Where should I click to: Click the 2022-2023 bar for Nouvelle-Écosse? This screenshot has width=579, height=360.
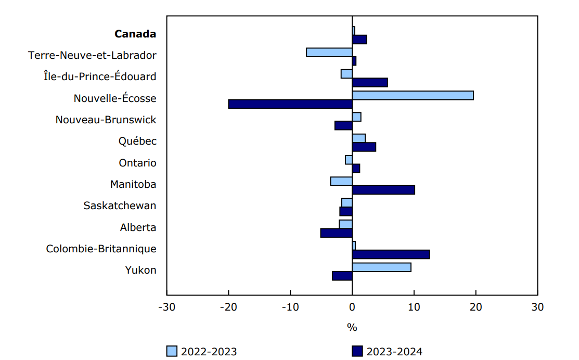413,95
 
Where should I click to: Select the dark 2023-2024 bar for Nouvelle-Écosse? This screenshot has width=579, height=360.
290,104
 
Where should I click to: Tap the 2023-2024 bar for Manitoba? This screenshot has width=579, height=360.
383,190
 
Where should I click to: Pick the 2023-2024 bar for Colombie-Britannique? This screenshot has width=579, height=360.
391,254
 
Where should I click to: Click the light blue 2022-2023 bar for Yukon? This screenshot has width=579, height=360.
381,267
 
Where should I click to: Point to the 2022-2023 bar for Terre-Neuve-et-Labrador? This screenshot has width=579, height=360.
329,52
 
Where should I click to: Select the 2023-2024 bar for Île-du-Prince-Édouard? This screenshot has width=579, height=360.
370,82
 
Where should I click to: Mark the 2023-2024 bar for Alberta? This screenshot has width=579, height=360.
336,233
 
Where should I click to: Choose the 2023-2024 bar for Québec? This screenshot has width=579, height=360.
364,147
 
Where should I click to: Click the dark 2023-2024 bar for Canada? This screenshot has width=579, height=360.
359,40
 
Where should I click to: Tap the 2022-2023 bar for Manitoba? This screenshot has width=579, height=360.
341,181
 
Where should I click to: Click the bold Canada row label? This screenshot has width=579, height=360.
135,34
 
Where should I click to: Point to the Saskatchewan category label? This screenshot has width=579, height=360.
120,205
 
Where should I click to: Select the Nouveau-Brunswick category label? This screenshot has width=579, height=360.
106,120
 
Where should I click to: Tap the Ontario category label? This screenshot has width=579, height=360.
137,163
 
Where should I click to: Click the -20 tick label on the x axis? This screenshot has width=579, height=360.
228,307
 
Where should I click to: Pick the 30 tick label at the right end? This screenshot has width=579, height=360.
537,307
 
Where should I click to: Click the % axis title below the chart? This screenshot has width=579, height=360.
352,328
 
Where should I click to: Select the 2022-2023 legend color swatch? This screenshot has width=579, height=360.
172,352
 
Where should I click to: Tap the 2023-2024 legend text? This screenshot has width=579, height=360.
394,352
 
